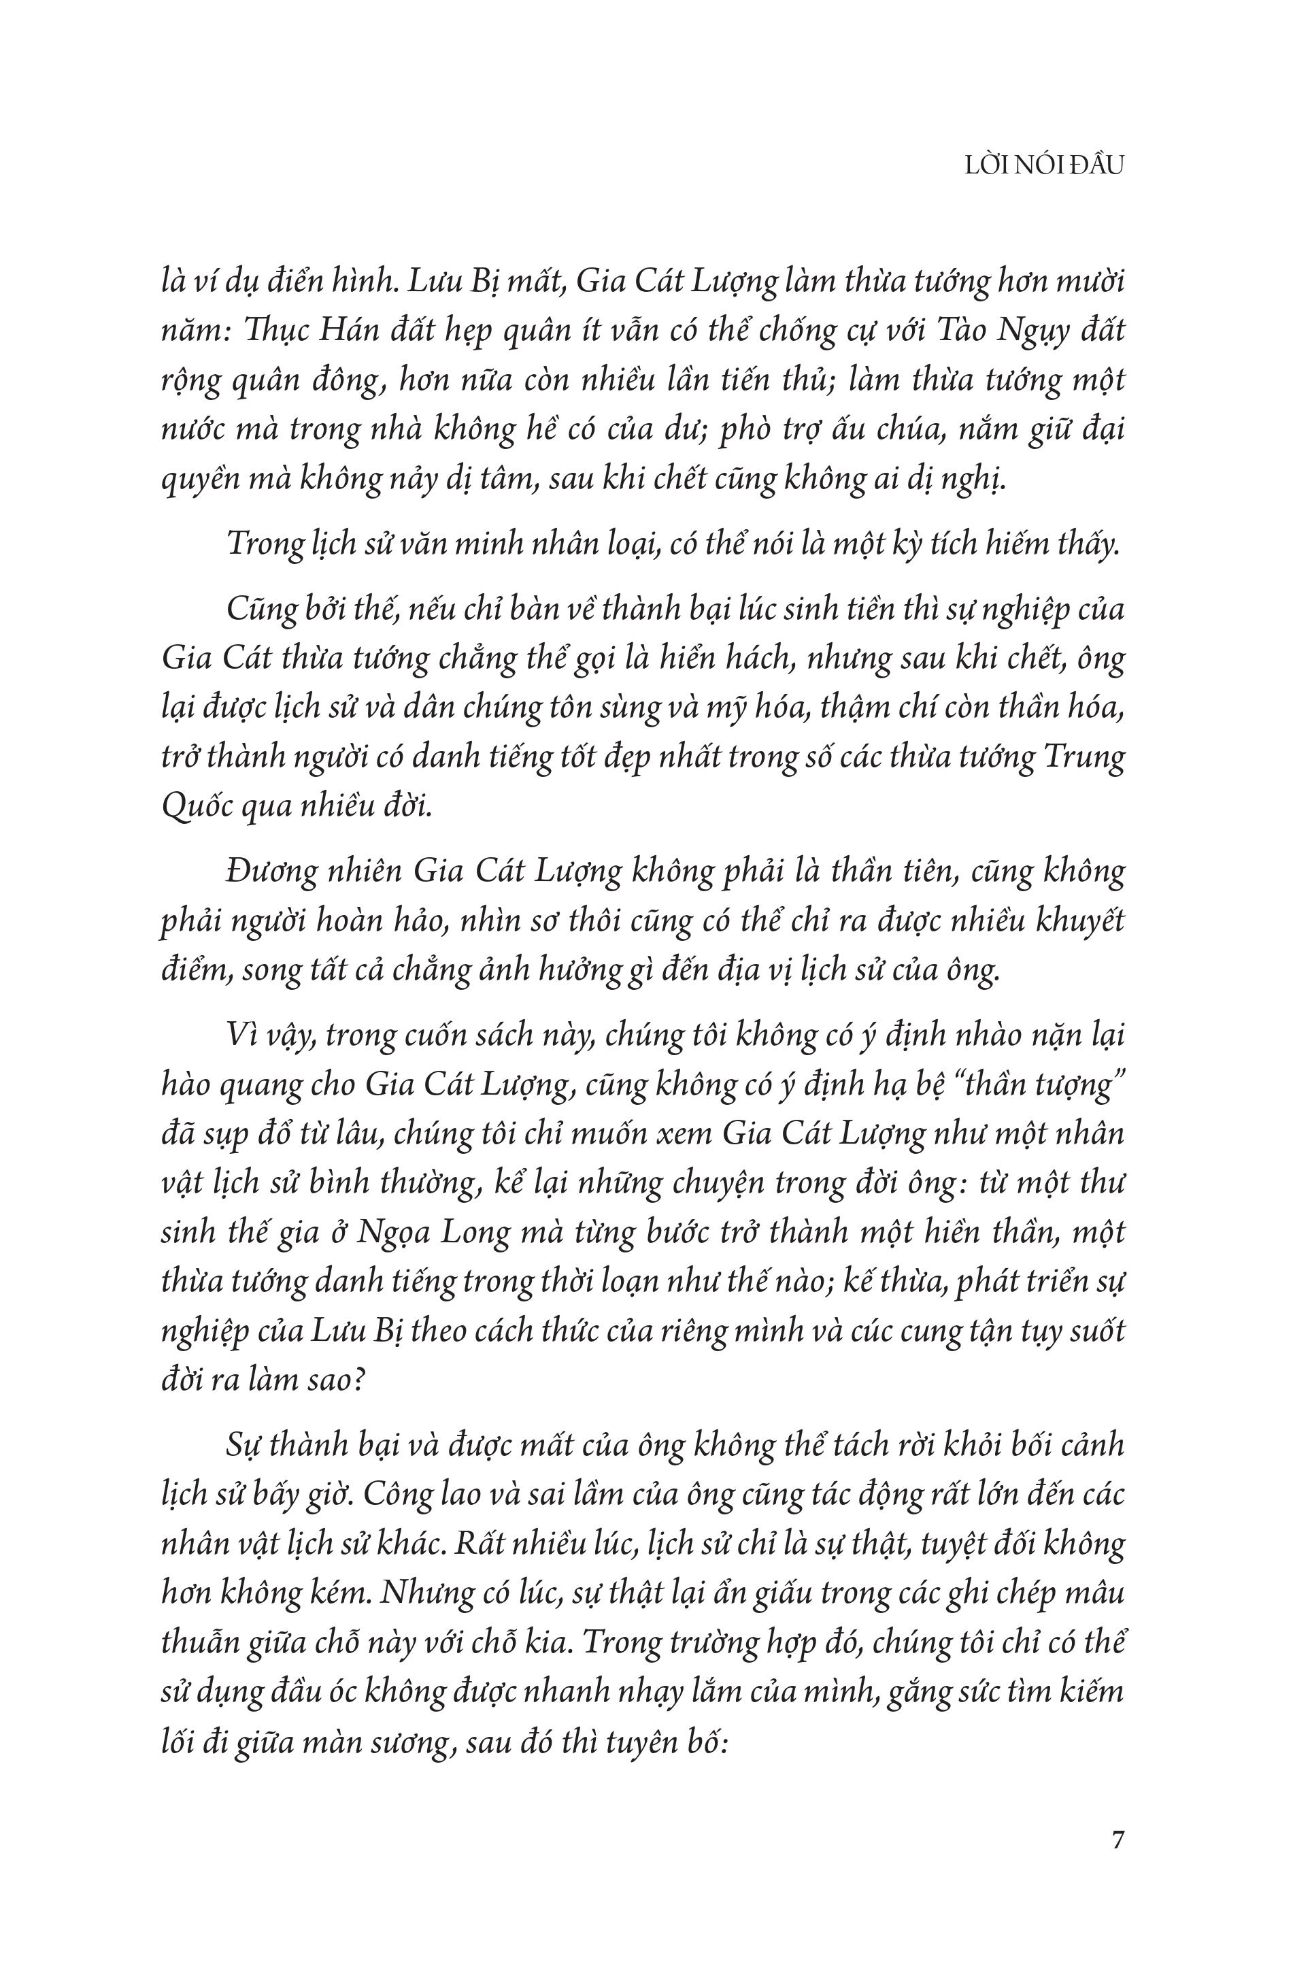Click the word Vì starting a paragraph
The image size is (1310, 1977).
coord(241,1036)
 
